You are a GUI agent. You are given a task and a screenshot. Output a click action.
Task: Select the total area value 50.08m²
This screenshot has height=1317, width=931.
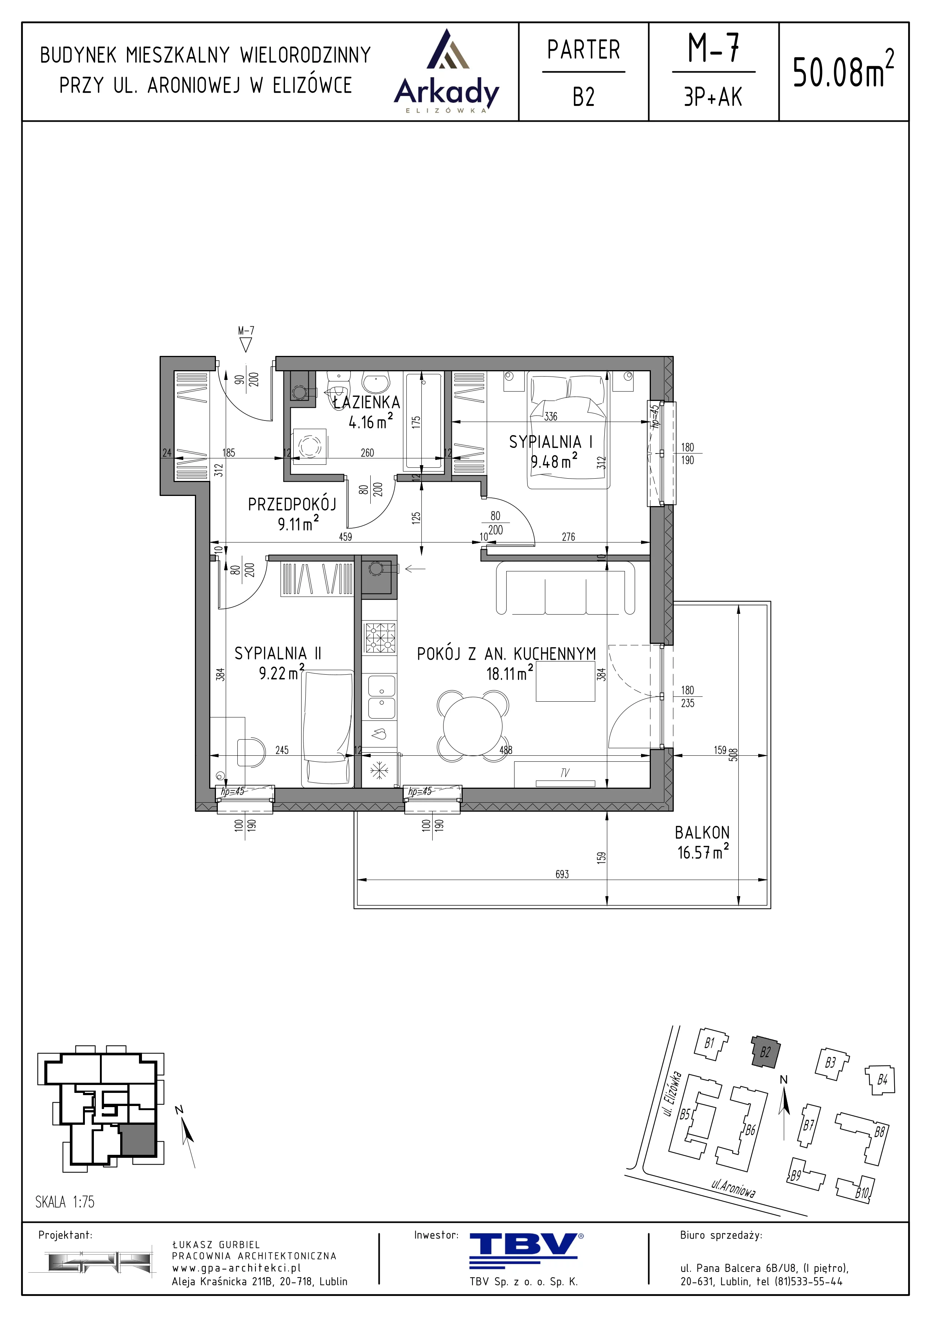[843, 69]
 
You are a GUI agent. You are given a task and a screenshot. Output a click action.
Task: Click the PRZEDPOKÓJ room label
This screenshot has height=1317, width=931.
[292, 504]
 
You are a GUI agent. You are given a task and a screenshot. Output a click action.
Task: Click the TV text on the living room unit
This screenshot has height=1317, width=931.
[565, 773]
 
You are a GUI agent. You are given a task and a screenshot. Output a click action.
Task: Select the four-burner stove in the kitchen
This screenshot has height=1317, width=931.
[380, 637]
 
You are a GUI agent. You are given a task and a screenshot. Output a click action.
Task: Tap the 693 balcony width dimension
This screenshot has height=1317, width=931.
[562, 874]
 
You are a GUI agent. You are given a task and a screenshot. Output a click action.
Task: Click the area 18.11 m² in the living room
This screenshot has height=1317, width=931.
[509, 673]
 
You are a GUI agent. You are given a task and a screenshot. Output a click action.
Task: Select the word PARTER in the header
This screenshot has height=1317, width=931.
[583, 50]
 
